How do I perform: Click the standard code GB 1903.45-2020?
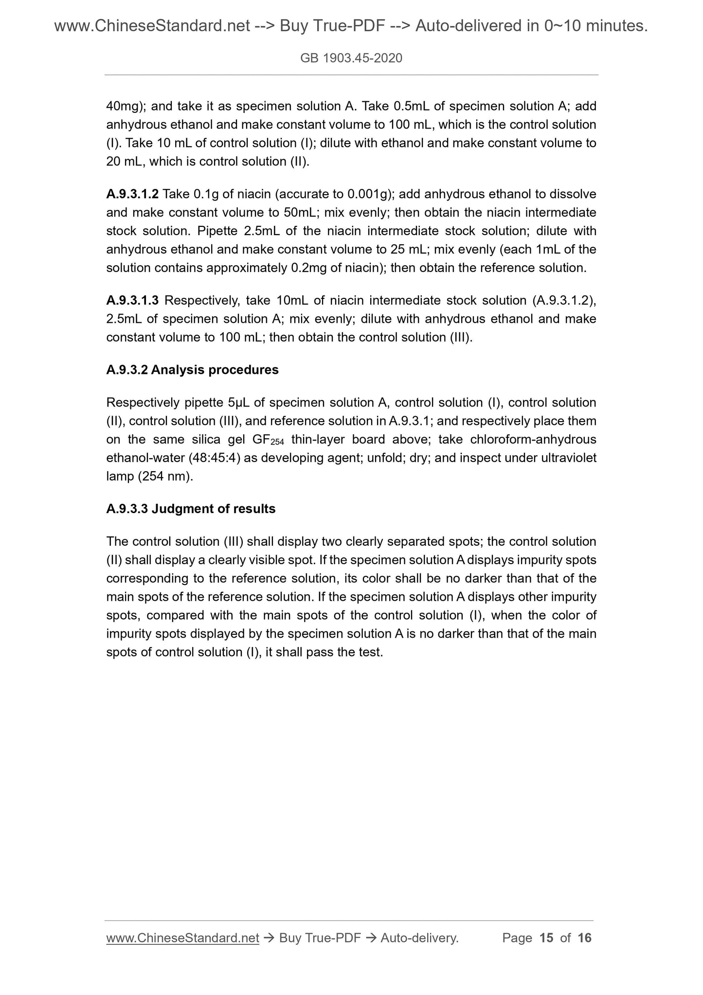(x=351, y=58)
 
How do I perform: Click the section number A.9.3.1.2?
(x=132, y=194)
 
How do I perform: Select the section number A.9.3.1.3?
(x=132, y=300)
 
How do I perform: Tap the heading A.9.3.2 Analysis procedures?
(x=192, y=370)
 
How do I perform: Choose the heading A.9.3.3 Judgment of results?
(x=191, y=509)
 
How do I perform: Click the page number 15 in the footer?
(x=546, y=938)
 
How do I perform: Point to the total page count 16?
(x=584, y=938)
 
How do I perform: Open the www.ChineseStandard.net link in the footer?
(x=182, y=938)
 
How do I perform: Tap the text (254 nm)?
(x=165, y=477)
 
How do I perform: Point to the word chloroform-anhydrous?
(x=533, y=440)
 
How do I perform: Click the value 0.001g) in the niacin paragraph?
(x=370, y=194)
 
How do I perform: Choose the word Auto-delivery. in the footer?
(x=419, y=938)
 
